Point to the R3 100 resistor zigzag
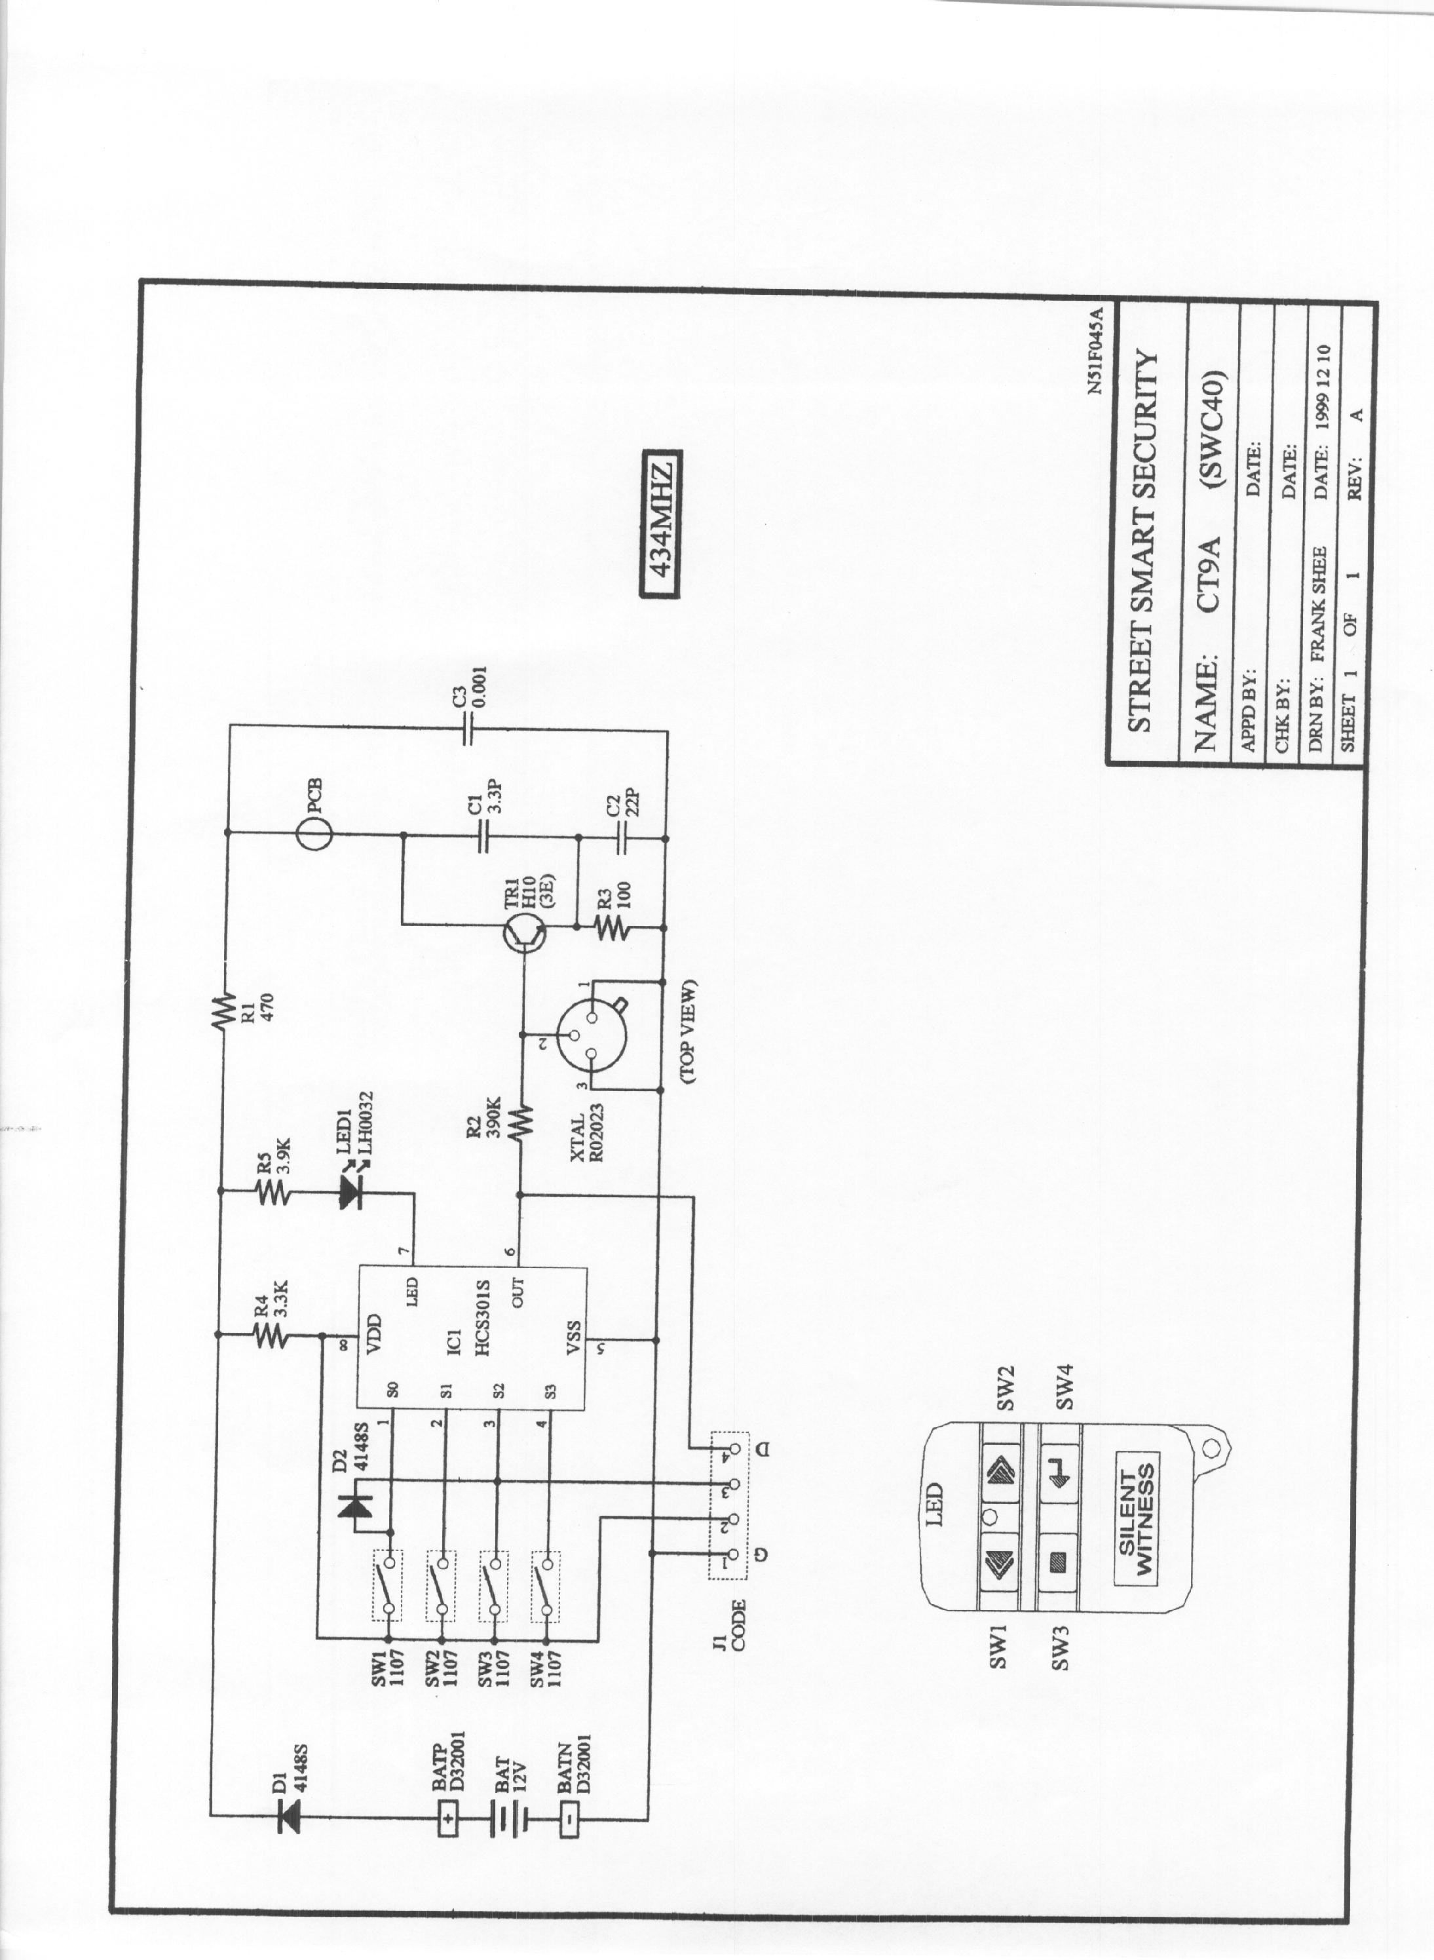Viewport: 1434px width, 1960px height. click(x=611, y=929)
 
